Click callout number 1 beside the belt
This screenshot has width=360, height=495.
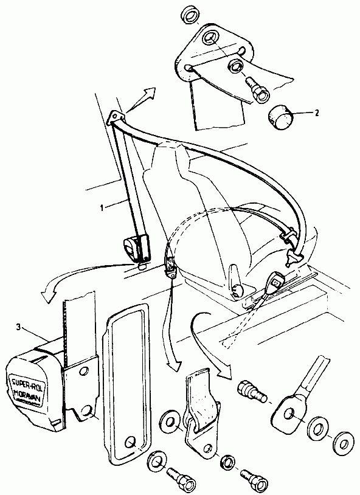tap(102, 207)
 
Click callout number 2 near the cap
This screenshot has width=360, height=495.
tap(316, 112)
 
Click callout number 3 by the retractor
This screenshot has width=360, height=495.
tap(19, 328)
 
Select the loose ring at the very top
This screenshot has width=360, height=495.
tap(190, 15)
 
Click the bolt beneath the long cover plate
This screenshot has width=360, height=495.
tap(179, 477)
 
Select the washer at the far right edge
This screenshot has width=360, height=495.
tap(344, 443)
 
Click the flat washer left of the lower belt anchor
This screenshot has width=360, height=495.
tap(170, 422)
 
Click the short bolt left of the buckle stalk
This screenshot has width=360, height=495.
tap(252, 392)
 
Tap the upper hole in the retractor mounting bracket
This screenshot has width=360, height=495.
tap(84, 370)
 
